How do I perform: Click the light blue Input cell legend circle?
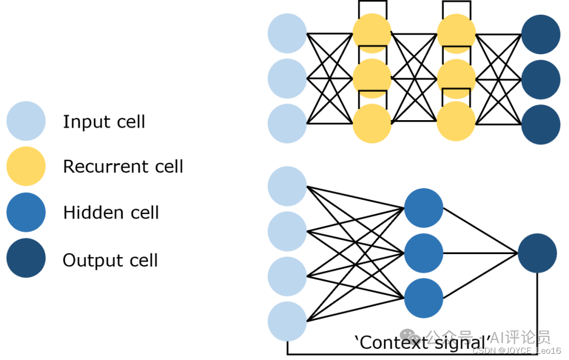point(26,121)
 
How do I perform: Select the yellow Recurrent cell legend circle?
point(26,166)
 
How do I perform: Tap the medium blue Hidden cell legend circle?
point(26,212)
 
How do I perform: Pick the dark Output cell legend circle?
point(26,258)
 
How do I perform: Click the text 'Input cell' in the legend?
point(104,122)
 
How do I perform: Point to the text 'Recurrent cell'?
point(123,167)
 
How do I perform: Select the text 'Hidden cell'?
point(111,212)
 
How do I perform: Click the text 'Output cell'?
point(110,260)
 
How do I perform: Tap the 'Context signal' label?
point(426,342)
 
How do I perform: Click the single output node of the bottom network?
point(537,253)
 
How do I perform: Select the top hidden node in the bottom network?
point(424,208)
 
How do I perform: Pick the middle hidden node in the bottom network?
point(424,253)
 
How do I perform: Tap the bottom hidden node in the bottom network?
point(424,298)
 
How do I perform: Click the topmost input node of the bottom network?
point(287,186)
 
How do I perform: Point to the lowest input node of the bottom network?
point(287,321)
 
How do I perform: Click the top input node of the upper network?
point(287,33)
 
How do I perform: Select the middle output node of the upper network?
point(541,79)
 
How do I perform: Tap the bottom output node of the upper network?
point(541,124)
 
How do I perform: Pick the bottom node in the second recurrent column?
point(456,122)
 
